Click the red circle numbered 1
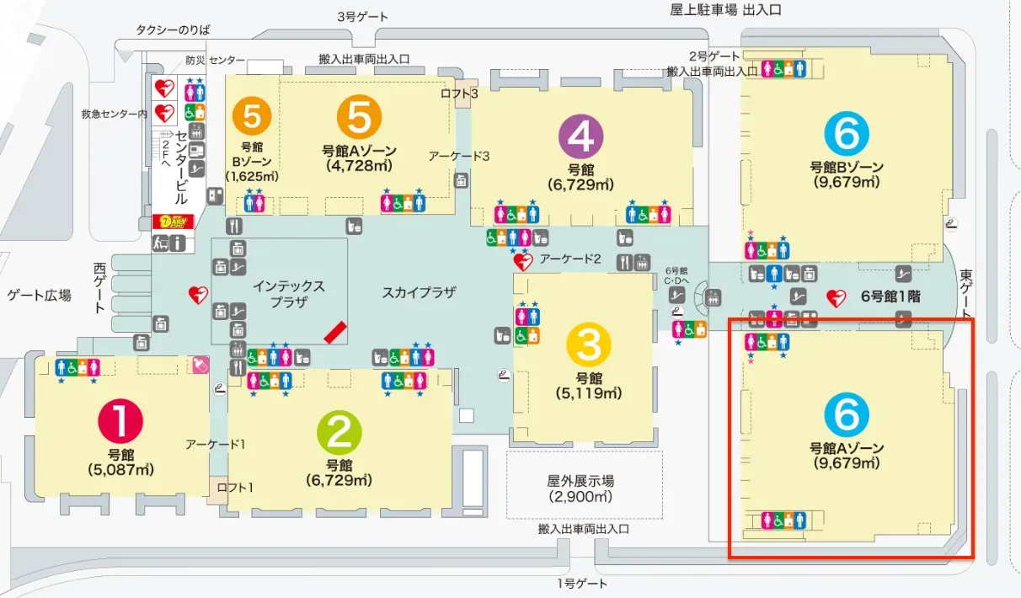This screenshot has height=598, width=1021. [121, 421]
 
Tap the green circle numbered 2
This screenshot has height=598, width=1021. [339, 433]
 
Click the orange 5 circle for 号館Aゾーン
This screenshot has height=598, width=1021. [359, 118]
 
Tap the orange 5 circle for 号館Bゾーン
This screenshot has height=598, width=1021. [252, 115]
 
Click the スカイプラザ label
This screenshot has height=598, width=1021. [419, 292]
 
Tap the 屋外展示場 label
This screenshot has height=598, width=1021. [580, 481]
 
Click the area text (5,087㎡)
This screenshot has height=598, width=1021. [120, 469]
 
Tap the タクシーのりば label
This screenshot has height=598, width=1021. [173, 30]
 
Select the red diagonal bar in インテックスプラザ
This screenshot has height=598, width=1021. [335, 332]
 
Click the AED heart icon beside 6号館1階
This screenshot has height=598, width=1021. [835, 297]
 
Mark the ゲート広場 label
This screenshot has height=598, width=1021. [39, 295]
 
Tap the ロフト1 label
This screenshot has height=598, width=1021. [235, 487]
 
